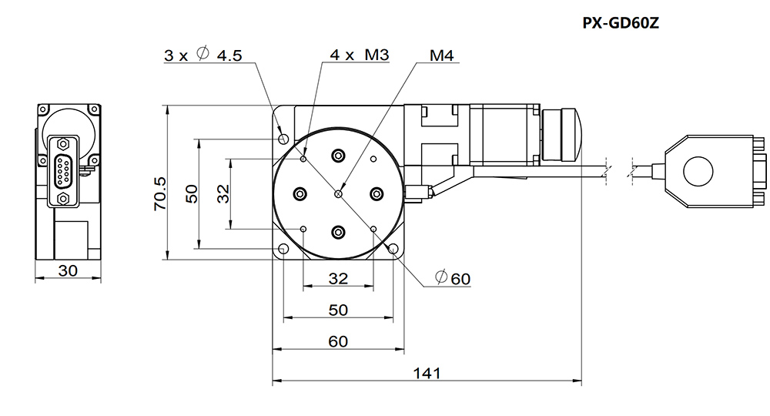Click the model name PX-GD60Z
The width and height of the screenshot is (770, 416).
620,23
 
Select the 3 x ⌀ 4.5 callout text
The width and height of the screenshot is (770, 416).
203,55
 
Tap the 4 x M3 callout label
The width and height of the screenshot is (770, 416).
360,55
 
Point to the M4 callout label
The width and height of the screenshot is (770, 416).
441,55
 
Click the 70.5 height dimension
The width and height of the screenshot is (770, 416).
160,194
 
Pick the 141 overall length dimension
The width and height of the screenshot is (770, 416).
427,374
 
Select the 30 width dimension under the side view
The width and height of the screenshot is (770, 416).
68,270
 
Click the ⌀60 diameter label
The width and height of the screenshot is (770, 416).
453,278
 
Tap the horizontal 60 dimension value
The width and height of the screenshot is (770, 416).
338,341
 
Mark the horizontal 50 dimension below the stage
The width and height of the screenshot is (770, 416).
338,310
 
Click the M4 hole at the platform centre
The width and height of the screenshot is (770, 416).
338,194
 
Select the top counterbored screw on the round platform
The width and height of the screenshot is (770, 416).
338,156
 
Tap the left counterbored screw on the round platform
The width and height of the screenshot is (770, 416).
300,194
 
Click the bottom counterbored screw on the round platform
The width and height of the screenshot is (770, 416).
338,233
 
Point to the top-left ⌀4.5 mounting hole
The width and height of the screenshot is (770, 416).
283,139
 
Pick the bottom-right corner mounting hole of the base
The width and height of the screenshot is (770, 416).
393,249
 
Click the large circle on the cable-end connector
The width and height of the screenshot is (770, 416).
698,172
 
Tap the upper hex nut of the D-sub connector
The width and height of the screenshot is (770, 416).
63,144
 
